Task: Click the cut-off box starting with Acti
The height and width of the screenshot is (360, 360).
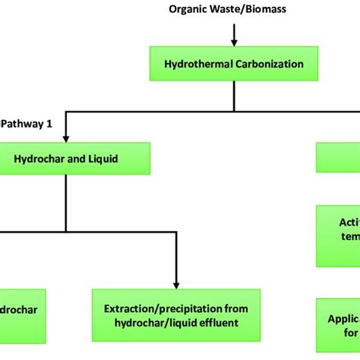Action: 339,236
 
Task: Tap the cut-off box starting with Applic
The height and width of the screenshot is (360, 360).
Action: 339,324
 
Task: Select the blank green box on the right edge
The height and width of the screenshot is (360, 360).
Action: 339,159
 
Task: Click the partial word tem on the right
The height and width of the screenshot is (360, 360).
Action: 349,244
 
